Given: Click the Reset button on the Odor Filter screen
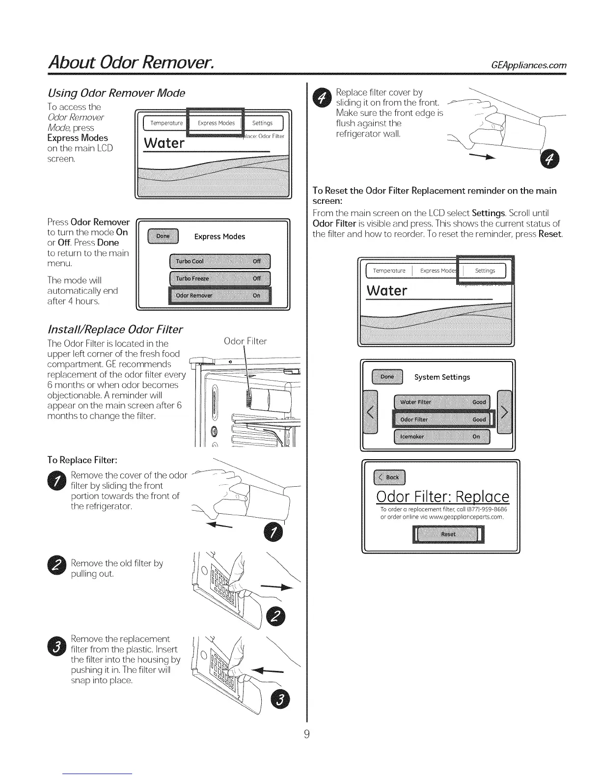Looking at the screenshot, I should (x=448, y=534).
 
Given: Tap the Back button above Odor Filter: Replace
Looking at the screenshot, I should (x=390, y=477).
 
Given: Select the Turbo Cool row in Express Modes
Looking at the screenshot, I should (x=219, y=261).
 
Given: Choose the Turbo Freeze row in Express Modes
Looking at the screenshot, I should (x=219, y=278).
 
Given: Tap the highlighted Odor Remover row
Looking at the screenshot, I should (x=219, y=296).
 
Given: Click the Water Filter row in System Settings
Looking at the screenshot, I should (x=442, y=402).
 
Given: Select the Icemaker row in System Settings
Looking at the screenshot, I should (x=442, y=436).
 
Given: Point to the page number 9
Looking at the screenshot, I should (x=306, y=734).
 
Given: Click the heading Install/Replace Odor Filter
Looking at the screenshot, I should (x=115, y=329).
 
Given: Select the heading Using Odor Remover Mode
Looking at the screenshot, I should (x=116, y=93).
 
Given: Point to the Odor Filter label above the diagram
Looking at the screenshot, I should (x=245, y=341).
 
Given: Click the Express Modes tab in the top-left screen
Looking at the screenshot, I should (x=216, y=123).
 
